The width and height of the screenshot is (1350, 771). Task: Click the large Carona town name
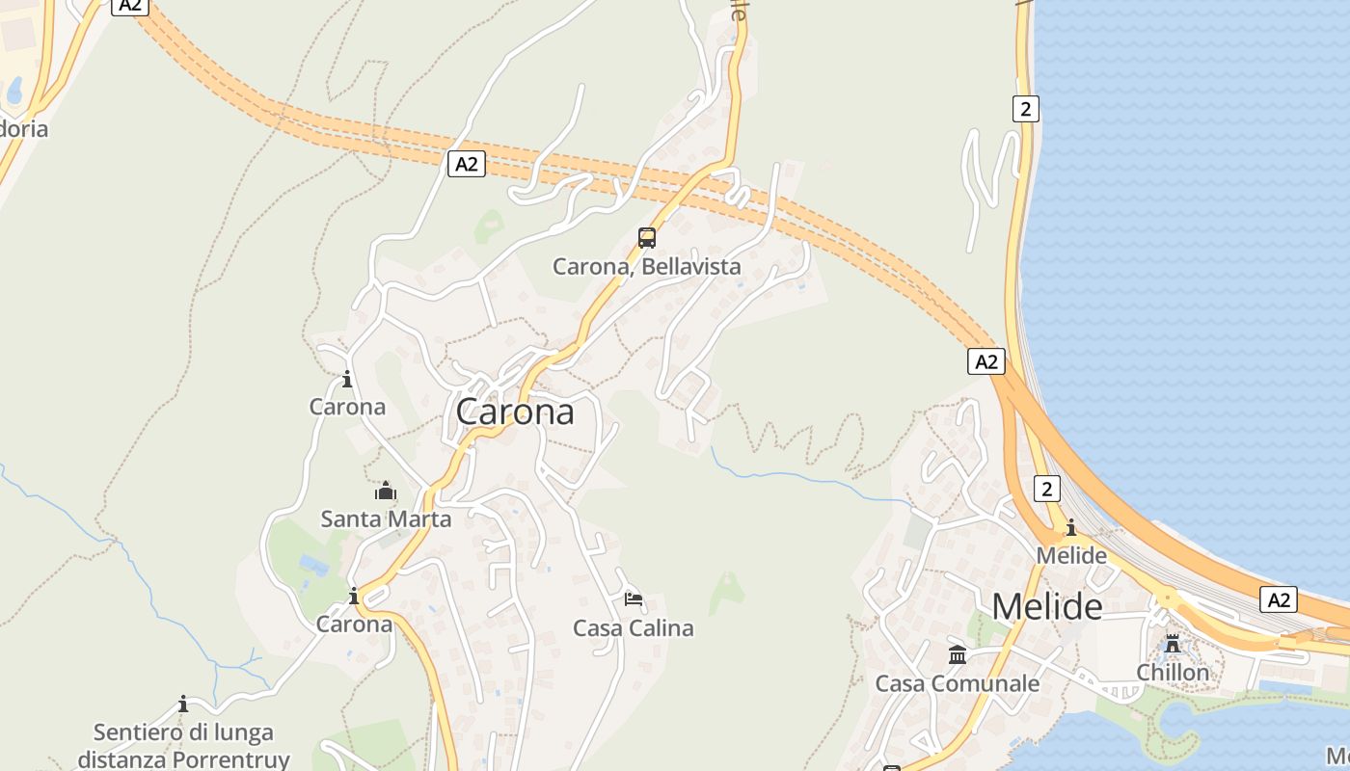515,412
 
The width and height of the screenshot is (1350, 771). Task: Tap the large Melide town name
1047,607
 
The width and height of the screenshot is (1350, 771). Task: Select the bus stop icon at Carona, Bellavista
647,238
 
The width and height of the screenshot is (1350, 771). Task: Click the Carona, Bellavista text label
647,267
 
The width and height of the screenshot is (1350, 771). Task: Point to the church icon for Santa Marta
386,492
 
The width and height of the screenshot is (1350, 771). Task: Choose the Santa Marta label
386,519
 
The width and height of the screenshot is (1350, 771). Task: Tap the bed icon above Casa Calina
634,599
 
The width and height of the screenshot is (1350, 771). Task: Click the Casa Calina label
634,628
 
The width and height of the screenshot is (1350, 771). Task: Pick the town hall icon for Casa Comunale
958,655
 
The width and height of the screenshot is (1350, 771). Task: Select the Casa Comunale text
958,684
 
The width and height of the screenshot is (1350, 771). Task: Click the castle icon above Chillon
1173,644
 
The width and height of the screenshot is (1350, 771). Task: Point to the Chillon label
1173,672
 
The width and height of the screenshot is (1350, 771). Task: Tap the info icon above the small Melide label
1071,527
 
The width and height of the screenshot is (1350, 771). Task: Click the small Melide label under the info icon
1071,556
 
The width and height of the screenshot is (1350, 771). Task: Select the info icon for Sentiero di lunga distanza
183,705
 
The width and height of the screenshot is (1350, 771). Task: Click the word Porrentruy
231,758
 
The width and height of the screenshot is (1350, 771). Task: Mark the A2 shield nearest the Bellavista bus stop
467,164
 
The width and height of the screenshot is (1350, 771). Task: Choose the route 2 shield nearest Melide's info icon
1047,489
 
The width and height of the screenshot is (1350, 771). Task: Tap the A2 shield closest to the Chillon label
1279,599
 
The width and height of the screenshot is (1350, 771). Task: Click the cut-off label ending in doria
21,128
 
